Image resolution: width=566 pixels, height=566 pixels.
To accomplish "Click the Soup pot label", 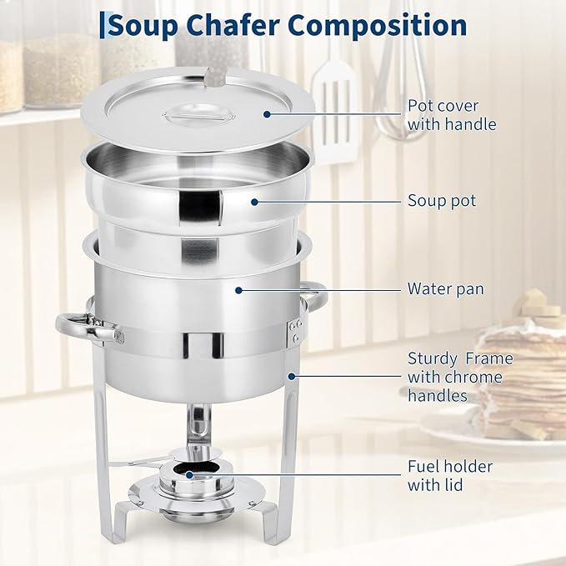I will (442, 201).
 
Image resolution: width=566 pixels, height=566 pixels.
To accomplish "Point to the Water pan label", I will (445, 289).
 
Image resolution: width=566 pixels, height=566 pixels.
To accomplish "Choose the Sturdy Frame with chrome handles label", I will (459, 377).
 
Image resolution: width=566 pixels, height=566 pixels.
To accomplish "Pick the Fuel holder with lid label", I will (449, 475).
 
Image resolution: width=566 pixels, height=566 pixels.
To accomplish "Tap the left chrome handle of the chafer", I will (88, 327).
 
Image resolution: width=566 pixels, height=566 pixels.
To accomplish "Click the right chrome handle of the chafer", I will (315, 296).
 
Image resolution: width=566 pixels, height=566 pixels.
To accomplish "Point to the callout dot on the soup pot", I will (250, 201).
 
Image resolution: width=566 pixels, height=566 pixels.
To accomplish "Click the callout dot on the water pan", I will (238, 289).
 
